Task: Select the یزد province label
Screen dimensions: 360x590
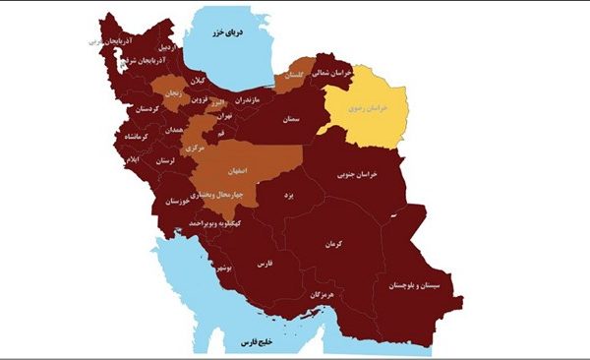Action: coord(289,197)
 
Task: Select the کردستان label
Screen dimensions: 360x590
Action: coord(141,109)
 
